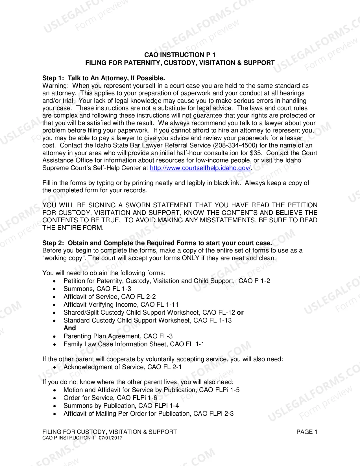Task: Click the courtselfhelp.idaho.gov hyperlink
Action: pyautogui.click(x=200, y=168)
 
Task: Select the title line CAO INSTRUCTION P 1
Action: pyautogui.click(x=180, y=55)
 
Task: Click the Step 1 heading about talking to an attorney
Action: pyautogui.click(x=103, y=78)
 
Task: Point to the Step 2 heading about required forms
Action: pyautogui.click(x=157, y=243)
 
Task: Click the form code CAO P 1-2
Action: pyautogui.click(x=254, y=281)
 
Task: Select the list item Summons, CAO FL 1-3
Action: pyautogui.click(x=97, y=289)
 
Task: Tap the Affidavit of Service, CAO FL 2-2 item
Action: pyautogui.click(x=110, y=297)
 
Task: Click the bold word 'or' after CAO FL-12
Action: pyautogui.click(x=240, y=312)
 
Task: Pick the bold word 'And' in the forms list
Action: pyautogui.click(x=70, y=328)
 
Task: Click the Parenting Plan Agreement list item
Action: pyautogui.click(x=118, y=336)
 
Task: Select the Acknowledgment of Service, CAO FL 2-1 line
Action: pyautogui.click(x=123, y=367)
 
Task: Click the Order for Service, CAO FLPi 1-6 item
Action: pyautogui.click(x=110, y=398)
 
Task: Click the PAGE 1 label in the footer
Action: pyautogui.click(x=307, y=432)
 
